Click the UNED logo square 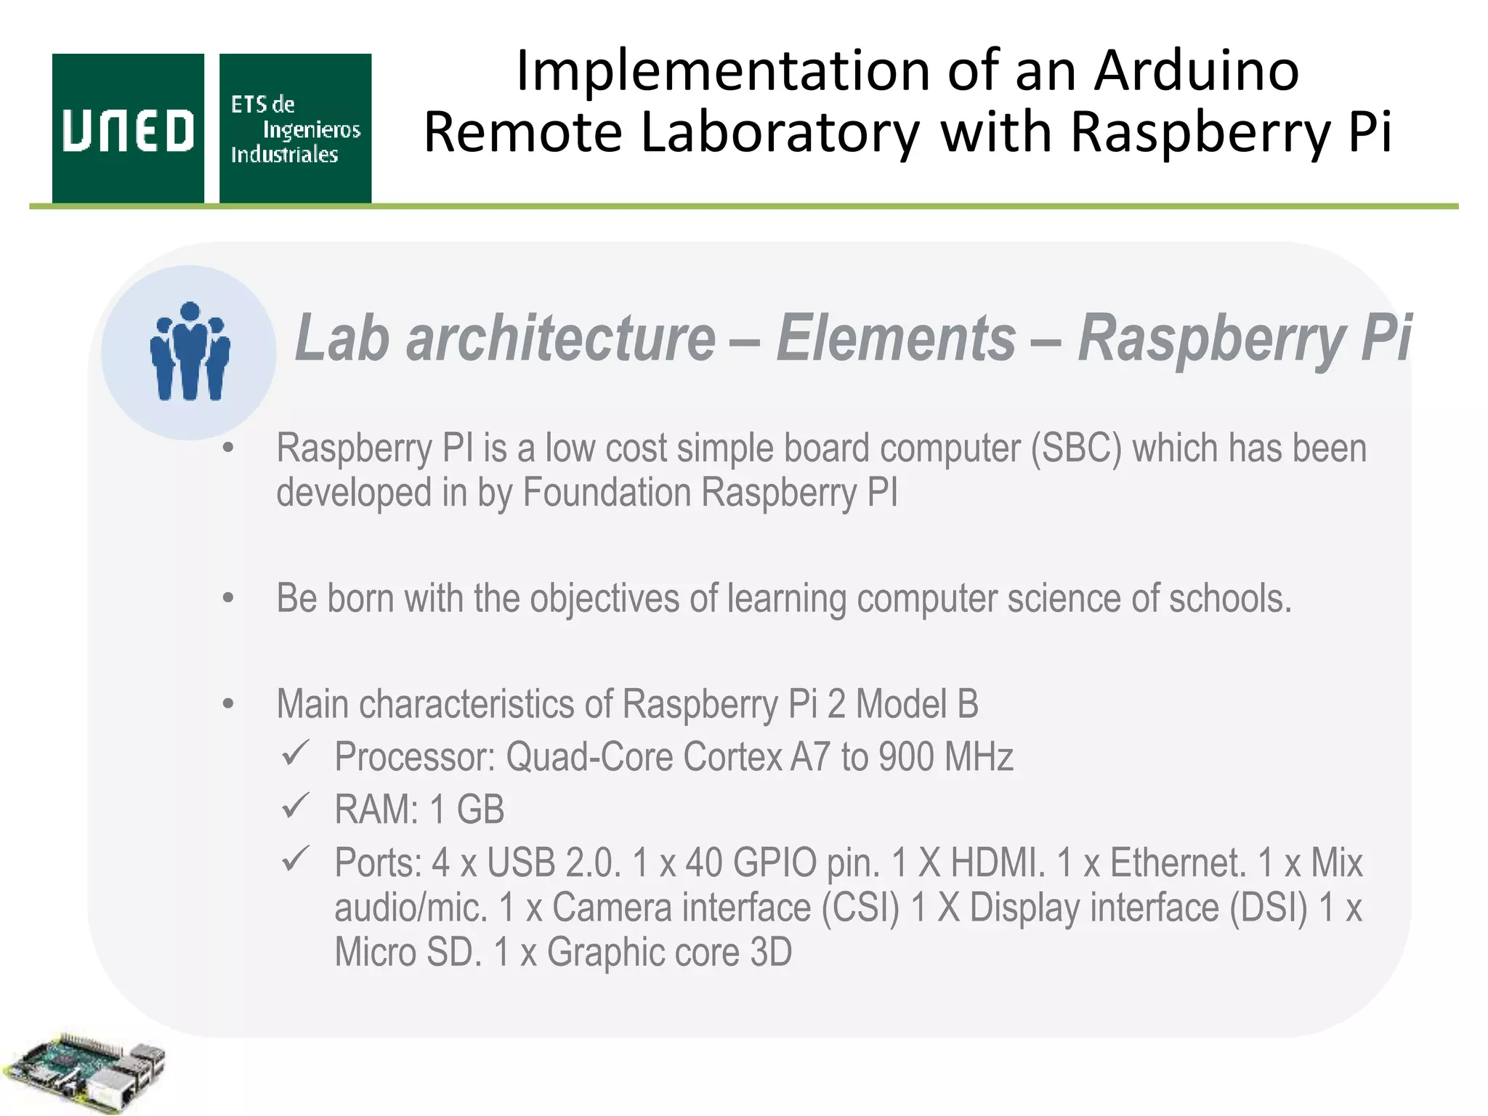click(128, 129)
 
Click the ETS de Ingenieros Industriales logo click(295, 129)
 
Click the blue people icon click(190, 352)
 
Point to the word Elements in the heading click(895, 338)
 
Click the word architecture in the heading click(560, 338)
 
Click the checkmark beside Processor click(296, 753)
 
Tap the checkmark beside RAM click(296, 806)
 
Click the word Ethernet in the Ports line click(1177, 863)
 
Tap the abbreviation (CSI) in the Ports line click(860, 908)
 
